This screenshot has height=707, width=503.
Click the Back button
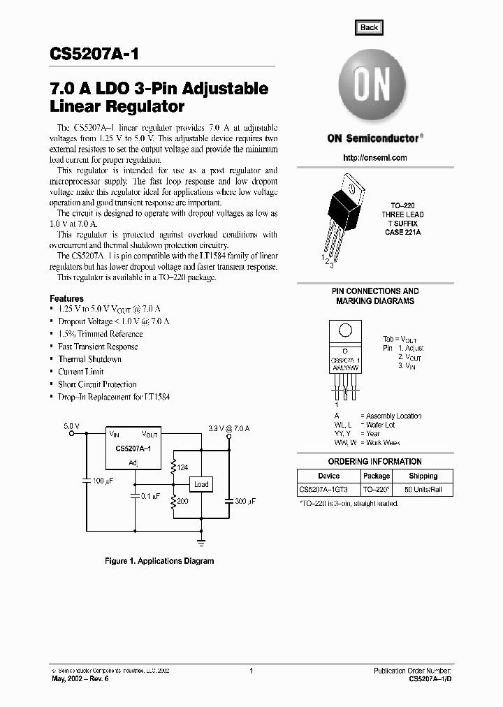point(369,28)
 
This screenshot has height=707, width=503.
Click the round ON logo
point(369,87)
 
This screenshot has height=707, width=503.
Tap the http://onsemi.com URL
point(375,158)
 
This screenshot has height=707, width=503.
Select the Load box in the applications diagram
point(201,484)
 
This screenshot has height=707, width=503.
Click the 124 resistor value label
point(184,467)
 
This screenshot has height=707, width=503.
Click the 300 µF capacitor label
point(245,501)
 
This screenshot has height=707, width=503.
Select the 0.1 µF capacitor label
point(151,496)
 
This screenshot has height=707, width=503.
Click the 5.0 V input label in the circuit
point(71,425)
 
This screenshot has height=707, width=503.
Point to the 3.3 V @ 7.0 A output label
point(228,427)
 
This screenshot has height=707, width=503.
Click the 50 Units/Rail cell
point(423,489)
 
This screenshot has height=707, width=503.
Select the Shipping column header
point(423,476)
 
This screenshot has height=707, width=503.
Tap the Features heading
point(66,298)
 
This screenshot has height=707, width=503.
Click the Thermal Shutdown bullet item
point(89,359)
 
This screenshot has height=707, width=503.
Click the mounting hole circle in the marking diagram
point(344,331)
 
